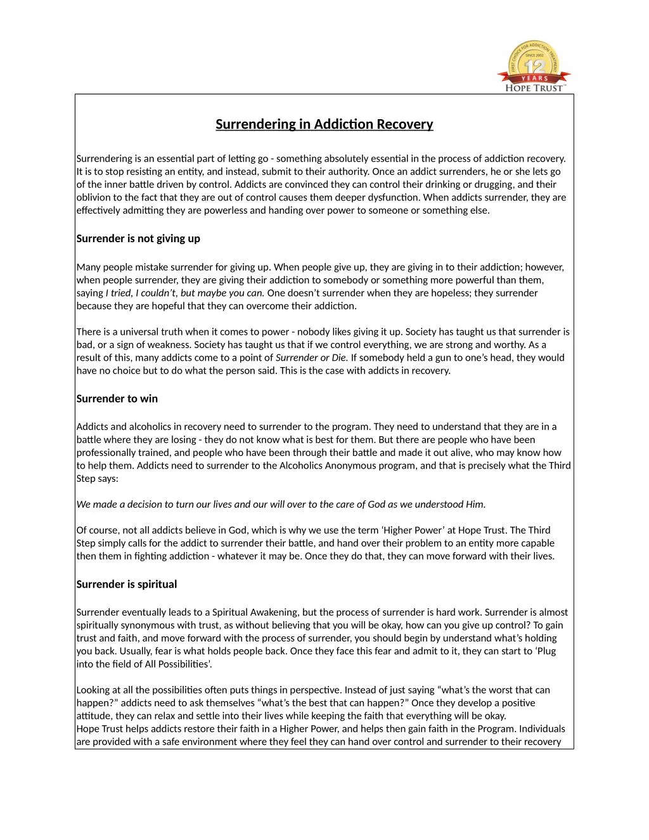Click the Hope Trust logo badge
coord(534,66)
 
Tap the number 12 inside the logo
coord(536,67)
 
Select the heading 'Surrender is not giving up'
coord(138,239)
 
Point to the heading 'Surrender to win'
coord(117,399)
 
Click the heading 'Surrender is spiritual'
coord(127,585)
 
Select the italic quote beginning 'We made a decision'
coord(281,505)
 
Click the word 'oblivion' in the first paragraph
coord(94,198)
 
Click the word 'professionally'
coord(106,453)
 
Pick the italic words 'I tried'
coord(118,293)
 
